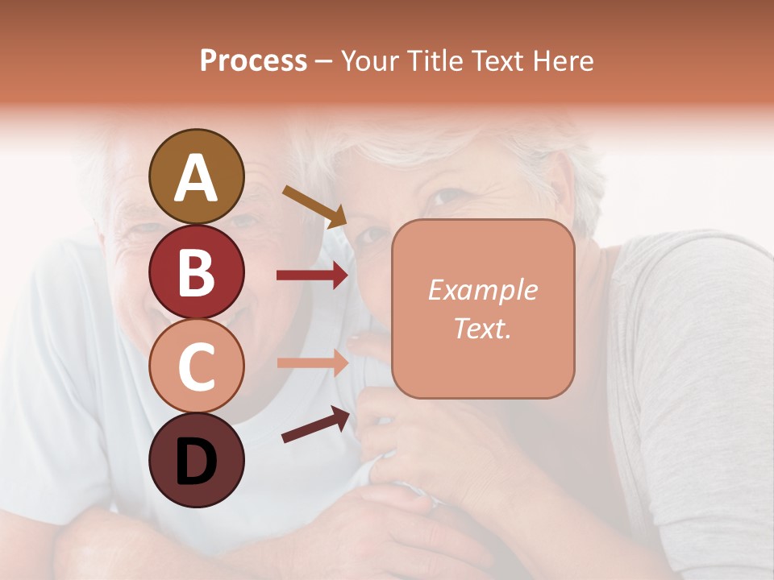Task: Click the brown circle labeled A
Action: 196,176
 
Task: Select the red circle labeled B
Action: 196,271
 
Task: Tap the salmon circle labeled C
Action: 196,366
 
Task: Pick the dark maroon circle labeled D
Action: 196,460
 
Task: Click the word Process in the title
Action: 253,60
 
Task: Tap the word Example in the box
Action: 482,290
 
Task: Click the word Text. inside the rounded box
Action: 482,328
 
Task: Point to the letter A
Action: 196,178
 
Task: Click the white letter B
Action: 196,272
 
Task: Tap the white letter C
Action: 196,367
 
